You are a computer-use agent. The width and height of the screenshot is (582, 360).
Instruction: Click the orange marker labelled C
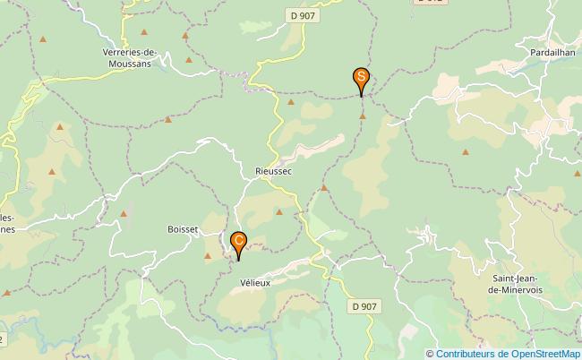click(239, 243)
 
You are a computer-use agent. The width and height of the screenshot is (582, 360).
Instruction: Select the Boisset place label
click(182, 229)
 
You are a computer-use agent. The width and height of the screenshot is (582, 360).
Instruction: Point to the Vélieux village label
click(255, 281)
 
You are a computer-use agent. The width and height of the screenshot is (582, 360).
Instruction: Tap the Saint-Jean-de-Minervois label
click(518, 285)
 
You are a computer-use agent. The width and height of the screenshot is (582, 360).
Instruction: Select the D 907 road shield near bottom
click(364, 306)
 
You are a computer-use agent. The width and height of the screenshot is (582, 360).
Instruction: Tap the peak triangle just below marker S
click(363, 116)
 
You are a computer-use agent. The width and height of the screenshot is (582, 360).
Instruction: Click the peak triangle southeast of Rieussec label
click(324, 188)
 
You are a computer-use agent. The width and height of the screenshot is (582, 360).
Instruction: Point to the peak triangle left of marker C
click(208, 257)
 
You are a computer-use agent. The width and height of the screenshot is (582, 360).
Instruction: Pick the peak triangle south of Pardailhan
click(465, 151)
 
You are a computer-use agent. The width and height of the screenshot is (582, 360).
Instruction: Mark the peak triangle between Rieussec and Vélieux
click(278, 212)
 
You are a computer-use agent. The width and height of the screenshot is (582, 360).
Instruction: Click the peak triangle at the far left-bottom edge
click(6, 293)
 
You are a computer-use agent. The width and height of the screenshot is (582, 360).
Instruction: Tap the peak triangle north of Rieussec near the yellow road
click(290, 102)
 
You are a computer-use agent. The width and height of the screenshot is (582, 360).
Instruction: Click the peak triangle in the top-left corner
click(42, 39)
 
